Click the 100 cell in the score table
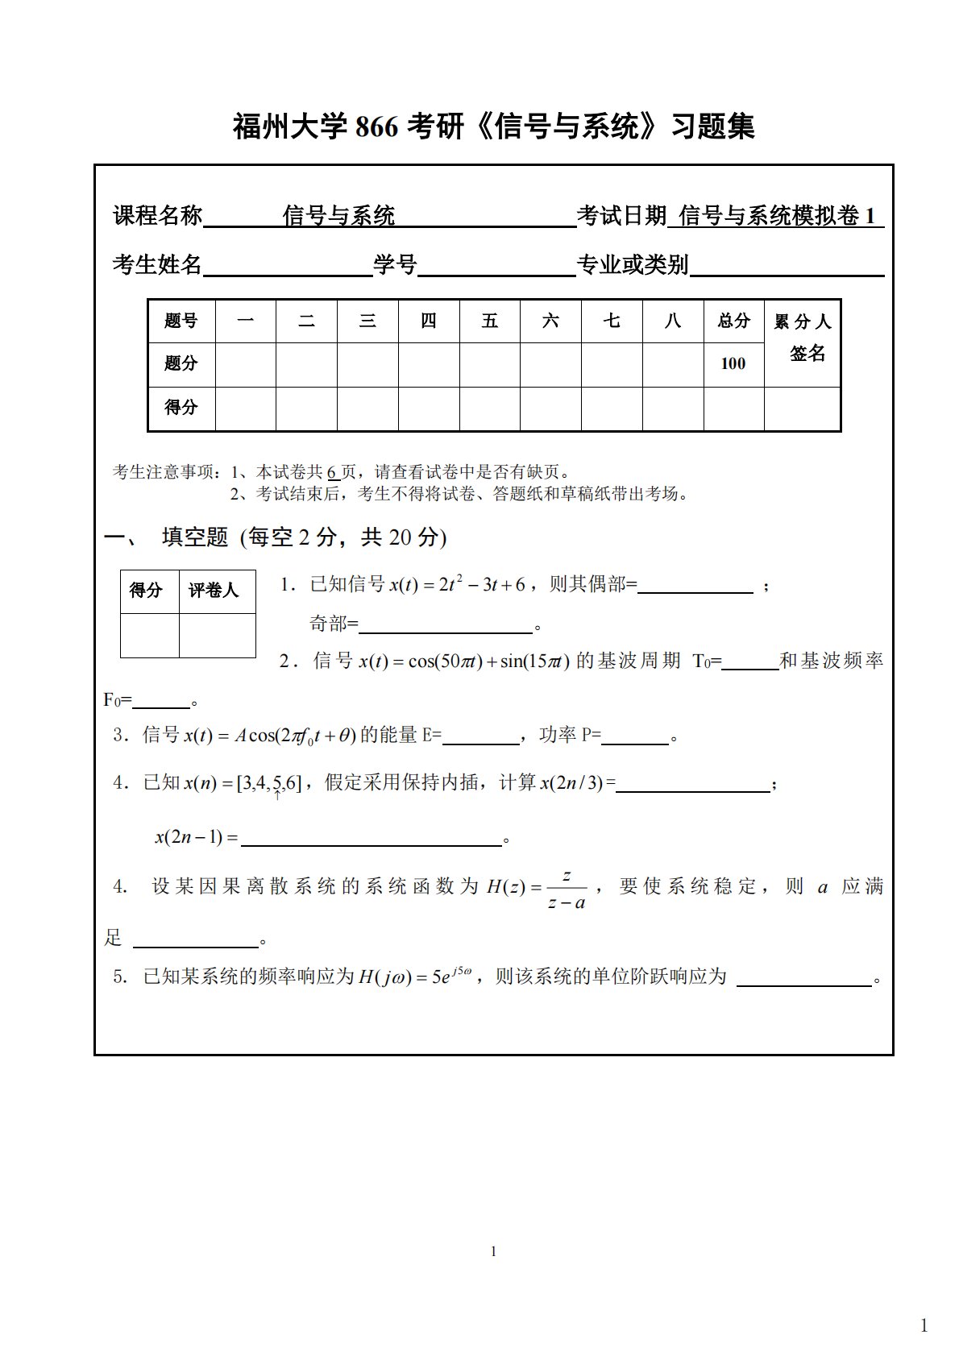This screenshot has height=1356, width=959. (x=733, y=363)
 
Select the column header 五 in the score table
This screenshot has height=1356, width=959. (x=489, y=321)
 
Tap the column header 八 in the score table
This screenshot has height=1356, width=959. (x=672, y=321)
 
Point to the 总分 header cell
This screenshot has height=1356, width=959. (x=733, y=321)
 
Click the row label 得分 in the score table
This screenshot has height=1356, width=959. (x=181, y=407)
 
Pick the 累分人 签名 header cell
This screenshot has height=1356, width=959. (x=802, y=338)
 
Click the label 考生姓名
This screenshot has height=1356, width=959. (x=157, y=264)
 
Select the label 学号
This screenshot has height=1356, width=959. (x=395, y=264)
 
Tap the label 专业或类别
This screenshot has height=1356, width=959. (x=633, y=264)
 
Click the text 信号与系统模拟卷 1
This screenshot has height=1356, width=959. (x=777, y=216)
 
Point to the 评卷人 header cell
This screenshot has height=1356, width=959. (x=214, y=591)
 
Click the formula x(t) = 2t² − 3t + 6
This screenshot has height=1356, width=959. (x=457, y=585)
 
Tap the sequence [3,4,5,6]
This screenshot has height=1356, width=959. (x=268, y=782)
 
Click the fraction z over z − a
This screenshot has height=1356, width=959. (x=567, y=889)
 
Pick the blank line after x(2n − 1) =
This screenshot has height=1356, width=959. (x=371, y=838)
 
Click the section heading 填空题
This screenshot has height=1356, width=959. (x=195, y=537)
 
